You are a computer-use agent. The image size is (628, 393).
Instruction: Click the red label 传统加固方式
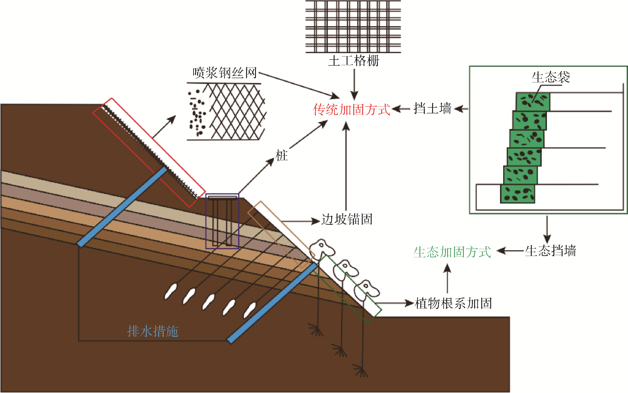tap(351, 109)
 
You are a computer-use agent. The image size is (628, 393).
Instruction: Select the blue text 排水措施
tap(153, 331)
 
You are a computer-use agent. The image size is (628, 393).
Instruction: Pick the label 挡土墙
tap(432, 108)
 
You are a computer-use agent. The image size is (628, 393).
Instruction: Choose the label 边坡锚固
tap(347, 219)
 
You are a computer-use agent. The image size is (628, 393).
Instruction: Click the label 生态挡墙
tap(551, 251)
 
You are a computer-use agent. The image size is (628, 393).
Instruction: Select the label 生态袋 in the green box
tap(551, 77)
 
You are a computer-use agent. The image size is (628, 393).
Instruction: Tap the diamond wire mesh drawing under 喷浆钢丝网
tap(237, 112)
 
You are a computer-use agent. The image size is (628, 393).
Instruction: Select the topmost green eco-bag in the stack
tap(533, 102)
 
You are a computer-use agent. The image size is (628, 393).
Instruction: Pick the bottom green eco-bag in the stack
tap(517, 194)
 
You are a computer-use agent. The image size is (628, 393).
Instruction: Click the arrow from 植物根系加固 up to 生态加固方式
tap(447, 278)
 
